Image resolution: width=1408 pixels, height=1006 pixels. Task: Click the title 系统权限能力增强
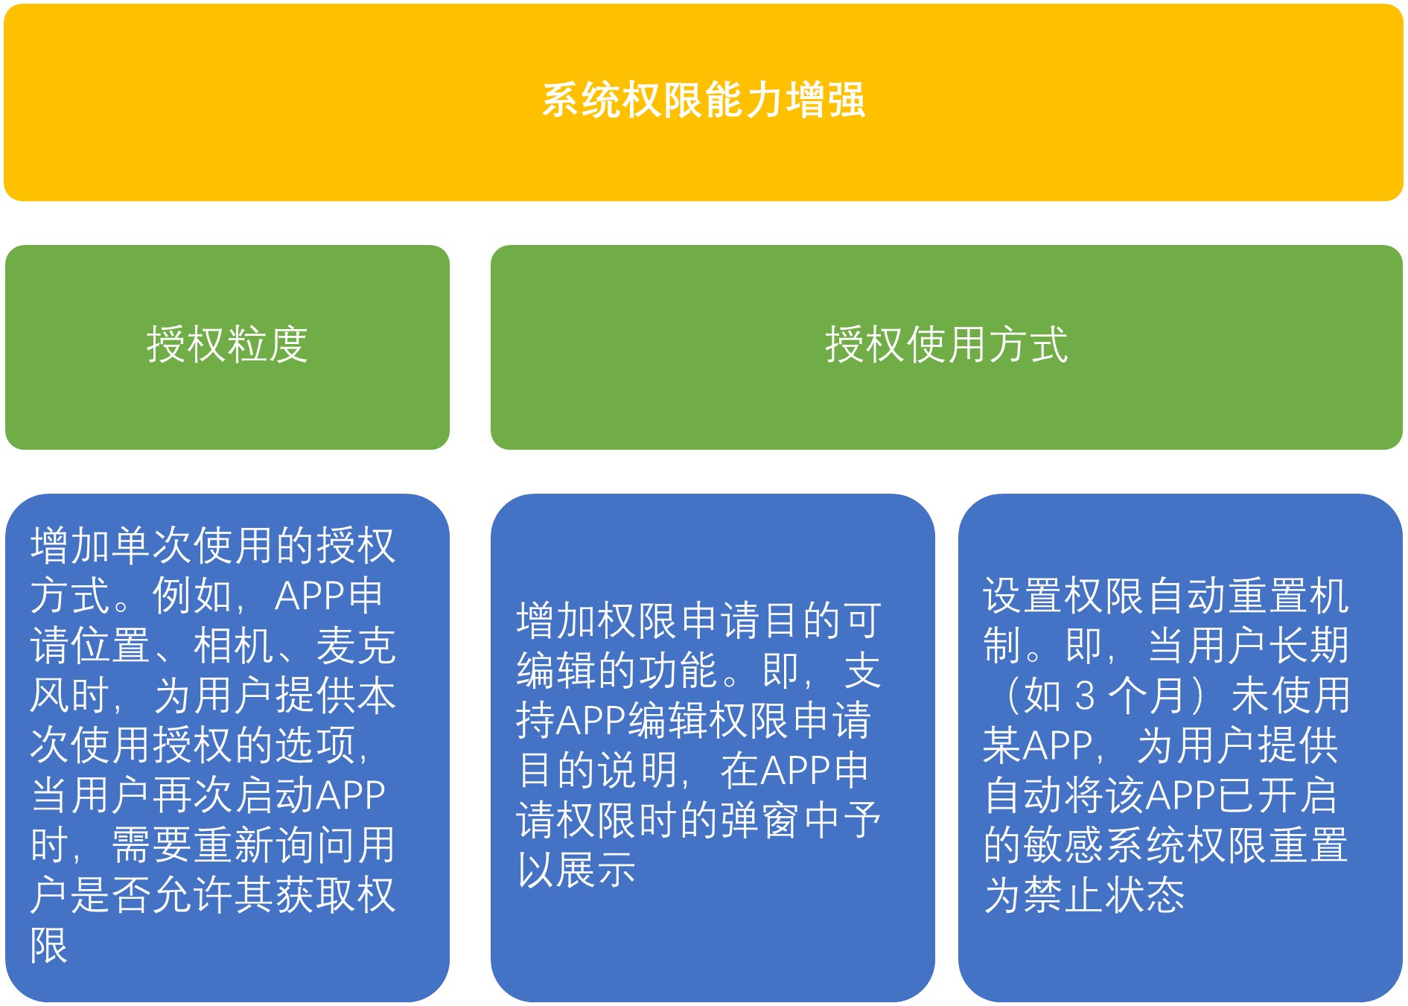(704, 100)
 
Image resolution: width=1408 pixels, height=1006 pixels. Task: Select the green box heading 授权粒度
(227, 344)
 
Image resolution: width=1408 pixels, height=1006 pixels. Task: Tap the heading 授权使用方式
(946, 344)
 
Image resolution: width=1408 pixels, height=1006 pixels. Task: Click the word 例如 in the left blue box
(192, 595)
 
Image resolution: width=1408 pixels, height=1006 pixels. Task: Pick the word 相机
(233, 645)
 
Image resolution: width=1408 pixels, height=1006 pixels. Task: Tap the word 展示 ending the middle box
(597, 869)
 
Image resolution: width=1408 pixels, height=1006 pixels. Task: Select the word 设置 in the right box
(1023, 595)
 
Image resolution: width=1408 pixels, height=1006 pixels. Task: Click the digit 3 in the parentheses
(1086, 695)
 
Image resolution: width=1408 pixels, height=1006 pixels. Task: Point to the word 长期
(1308, 645)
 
